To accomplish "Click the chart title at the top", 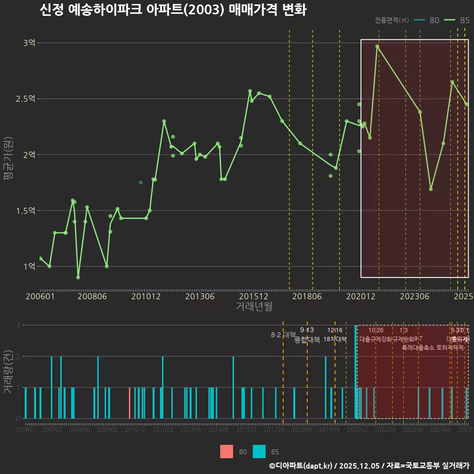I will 173,10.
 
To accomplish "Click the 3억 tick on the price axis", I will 29,43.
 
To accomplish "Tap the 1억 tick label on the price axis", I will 29,266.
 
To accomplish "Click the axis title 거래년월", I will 254,307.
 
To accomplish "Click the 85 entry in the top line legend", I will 457,20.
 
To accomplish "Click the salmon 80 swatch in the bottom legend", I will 227,451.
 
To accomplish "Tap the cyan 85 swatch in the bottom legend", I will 259,451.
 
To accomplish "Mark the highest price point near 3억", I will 377,46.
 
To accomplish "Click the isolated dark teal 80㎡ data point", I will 141,183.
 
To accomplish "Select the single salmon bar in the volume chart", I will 129,403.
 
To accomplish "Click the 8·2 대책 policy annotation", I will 283,335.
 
